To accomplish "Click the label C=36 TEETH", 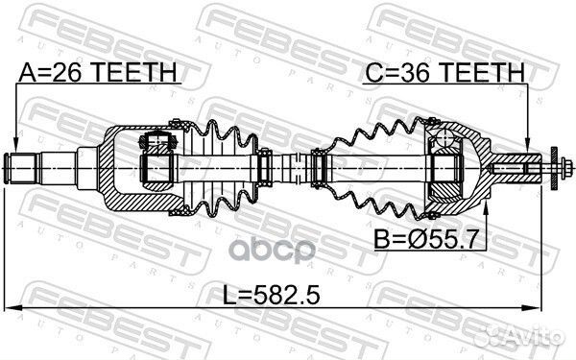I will pyautogui.click(x=444, y=72).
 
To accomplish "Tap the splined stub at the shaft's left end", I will pyautogui.click(x=24, y=170).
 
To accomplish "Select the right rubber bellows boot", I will pyautogui.click(x=370, y=170).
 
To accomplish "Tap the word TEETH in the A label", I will pyautogui.click(x=133, y=72).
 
